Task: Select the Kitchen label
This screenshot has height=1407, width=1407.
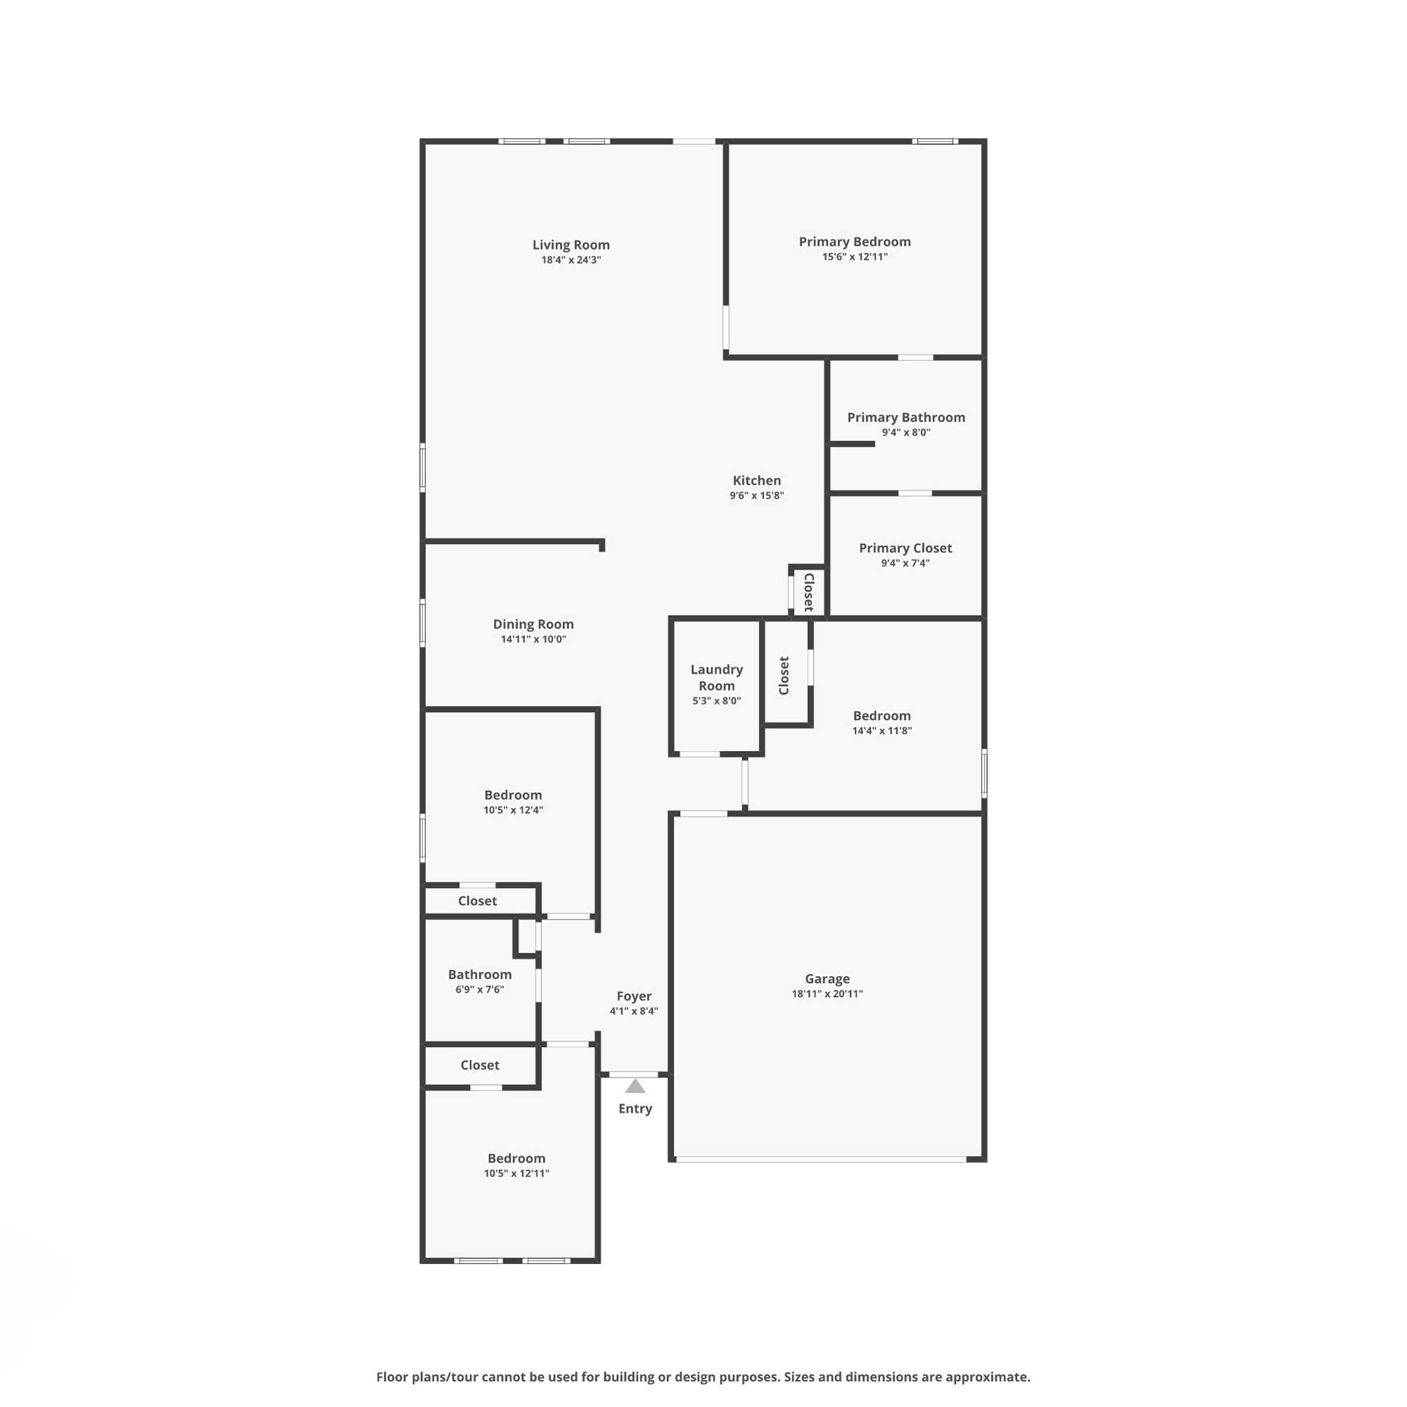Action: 757,481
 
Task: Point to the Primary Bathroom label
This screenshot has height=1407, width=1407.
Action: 906,417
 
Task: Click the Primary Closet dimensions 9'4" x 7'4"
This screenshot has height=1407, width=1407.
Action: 905,563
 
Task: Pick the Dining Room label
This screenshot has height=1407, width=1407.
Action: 533,624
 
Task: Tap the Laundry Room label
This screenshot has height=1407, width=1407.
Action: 716,677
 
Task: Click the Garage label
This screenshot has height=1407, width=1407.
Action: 827,979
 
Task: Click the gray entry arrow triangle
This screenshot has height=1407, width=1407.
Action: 635,1086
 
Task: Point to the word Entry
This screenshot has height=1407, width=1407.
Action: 635,1109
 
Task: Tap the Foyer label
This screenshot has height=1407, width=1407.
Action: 634,996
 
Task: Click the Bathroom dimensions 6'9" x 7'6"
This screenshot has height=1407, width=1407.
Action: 480,990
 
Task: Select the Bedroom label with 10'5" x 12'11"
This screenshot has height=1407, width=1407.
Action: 516,1158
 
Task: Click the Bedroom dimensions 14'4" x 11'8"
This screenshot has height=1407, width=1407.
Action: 882,731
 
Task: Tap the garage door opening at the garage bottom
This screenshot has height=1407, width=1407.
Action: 821,1160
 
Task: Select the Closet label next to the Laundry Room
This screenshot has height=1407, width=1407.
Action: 784,676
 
